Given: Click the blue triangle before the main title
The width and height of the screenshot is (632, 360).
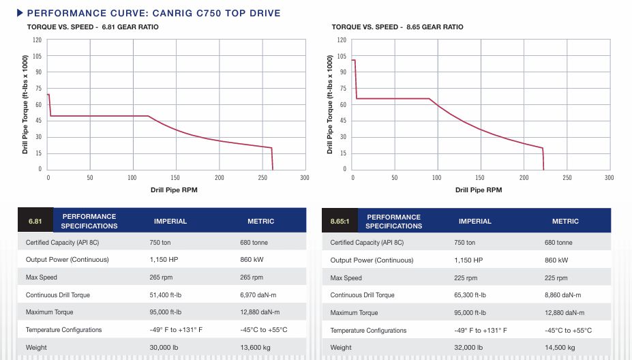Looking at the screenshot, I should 20,13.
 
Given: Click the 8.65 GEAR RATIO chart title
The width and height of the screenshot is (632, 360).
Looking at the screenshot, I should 397,27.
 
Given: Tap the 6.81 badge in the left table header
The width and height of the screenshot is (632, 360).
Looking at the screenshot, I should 35,221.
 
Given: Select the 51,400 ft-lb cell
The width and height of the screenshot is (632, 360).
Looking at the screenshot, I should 168,295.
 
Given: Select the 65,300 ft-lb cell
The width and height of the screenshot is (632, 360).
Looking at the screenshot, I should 472,295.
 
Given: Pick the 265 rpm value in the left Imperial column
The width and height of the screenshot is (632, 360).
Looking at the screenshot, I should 161,277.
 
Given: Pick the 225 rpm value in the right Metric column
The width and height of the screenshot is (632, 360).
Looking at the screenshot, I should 556,277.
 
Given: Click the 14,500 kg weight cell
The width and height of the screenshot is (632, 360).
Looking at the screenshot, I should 560,347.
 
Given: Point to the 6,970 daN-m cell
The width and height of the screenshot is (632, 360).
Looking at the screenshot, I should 258,295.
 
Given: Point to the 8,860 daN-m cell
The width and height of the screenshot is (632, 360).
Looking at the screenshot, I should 563,295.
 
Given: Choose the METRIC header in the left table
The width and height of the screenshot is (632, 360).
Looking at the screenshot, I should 260,221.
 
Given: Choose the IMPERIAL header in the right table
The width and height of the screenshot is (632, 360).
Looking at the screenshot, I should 475,221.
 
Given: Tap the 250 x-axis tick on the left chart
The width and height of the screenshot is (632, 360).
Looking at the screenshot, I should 262,178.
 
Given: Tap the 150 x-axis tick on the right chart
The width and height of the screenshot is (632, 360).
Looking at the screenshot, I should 481,178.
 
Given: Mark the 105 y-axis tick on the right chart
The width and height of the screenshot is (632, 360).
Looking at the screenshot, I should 342,56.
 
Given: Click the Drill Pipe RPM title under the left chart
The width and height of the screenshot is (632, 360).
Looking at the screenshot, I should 174,190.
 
